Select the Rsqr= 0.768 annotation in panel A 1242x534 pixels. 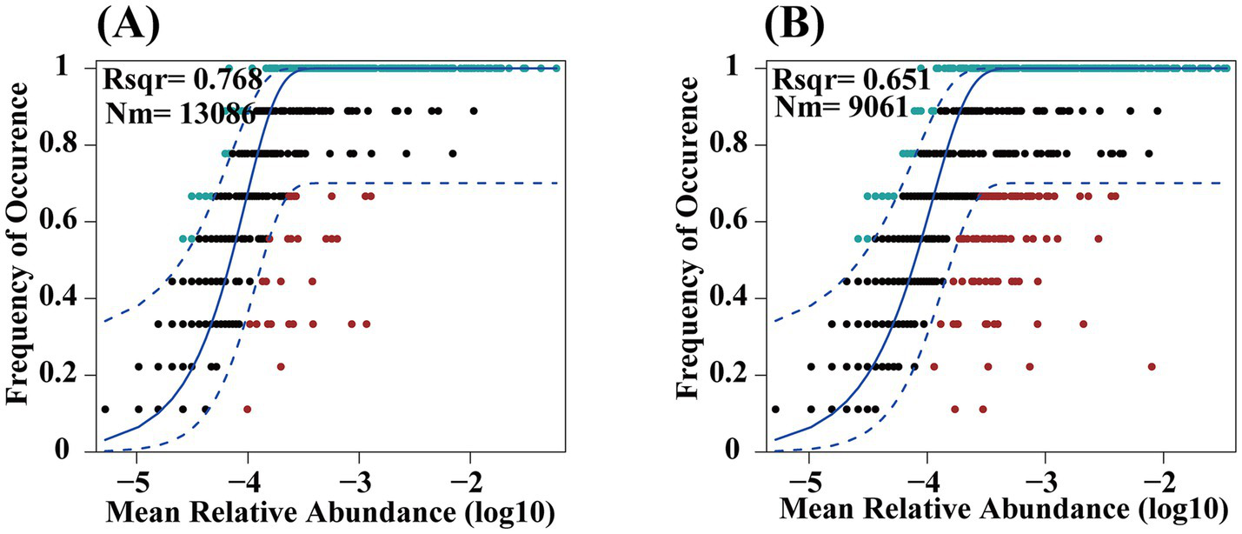tap(183, 80)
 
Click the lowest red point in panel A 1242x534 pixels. tap(248, 409)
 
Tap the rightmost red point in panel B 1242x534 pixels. tap(1152, 367)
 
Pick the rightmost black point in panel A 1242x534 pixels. tap(474, 111)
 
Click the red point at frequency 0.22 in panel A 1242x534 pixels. tap(281, 367)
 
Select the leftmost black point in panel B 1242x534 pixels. tap(776, 409)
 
